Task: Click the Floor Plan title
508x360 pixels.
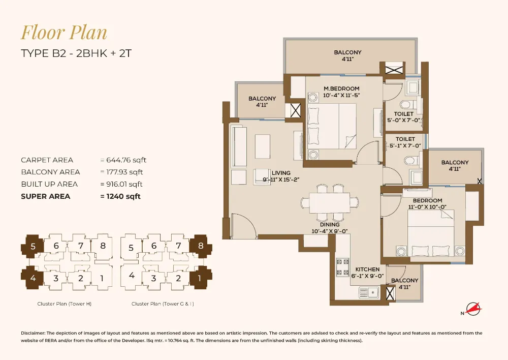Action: coord(64,33)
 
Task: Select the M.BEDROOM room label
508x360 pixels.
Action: coord(341,89)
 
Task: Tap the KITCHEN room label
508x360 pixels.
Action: coord(367,269)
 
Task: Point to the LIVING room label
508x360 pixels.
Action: coord(280,173)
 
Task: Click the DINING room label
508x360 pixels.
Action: coord(330,224)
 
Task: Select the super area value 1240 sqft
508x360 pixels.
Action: coord(120,196)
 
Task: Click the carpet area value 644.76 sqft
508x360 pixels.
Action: coord(123,160)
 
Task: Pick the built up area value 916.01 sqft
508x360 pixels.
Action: coord(121,184)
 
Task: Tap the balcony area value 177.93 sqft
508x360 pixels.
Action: coord(122,172)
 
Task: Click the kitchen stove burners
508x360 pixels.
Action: coord(342,267)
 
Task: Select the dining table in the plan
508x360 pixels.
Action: coord(330,202)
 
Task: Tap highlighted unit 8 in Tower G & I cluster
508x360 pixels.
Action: coord(201,246)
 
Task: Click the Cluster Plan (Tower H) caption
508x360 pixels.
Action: coord(64,304)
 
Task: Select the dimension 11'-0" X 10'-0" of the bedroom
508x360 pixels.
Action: coord(427,207)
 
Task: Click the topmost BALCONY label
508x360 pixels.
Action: coord(347,52)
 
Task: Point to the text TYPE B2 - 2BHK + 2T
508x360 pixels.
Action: coord(76,53)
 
